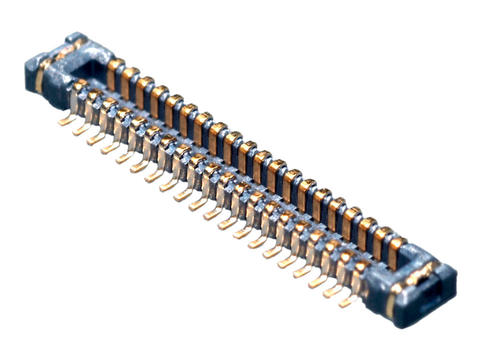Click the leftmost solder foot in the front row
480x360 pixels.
coord(66,120)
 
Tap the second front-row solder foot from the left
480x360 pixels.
coord(80,129)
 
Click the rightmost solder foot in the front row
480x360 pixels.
coord(345,299)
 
